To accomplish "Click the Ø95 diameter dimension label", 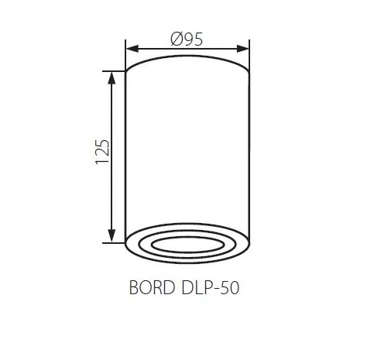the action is (187, 39).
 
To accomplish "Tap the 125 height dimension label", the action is (102, 152).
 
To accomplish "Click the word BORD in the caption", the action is (152, 287).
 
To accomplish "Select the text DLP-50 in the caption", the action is (211, 287).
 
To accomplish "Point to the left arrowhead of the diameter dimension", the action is (132, 49).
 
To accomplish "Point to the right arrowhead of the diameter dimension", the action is (242, 49).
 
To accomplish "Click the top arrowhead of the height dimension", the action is (112, 78).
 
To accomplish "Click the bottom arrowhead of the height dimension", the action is (112, 236).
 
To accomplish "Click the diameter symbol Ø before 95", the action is (177, 39).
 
